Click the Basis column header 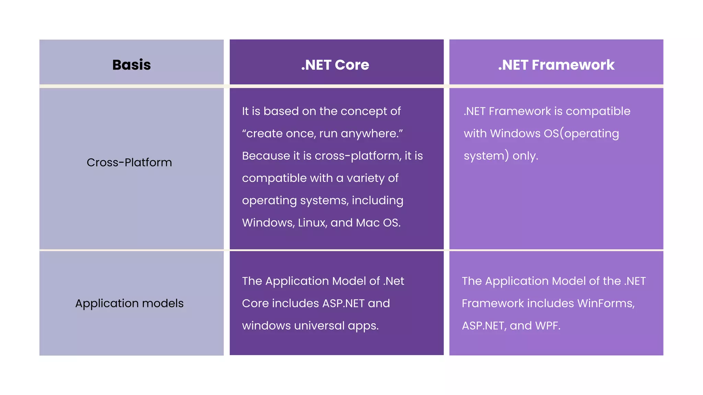click(x=131, y=65)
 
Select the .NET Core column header click(x=335, y=65)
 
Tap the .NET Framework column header click(x=556, y=65)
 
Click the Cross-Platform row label click(x=129, y=163)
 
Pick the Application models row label click(x=129, y=303)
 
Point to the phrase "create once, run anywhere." click(x=322, y=133)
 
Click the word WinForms click(x=606, y=303)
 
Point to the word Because click(x=266, y=156)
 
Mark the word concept click(x=364, y=111)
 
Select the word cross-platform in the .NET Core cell click(x=358, y=156)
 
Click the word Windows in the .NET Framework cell click(x=515, y=133)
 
